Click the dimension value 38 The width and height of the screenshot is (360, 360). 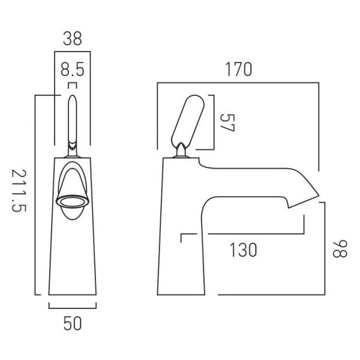tap(73, 38)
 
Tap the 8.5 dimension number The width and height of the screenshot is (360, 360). tap(73, 70)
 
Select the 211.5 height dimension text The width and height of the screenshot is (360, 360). tap(19, 191)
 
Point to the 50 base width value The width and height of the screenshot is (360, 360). tap(73, 323)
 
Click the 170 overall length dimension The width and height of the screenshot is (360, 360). tap(238, 69)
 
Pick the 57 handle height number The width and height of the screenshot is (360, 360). tap(227, 123)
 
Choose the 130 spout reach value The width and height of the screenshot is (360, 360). tap(243, 250)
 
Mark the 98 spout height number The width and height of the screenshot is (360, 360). tap(340, 249)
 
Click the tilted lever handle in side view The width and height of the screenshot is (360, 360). tap(188, 121)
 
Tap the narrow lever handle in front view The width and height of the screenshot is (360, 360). tap(73, 122)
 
